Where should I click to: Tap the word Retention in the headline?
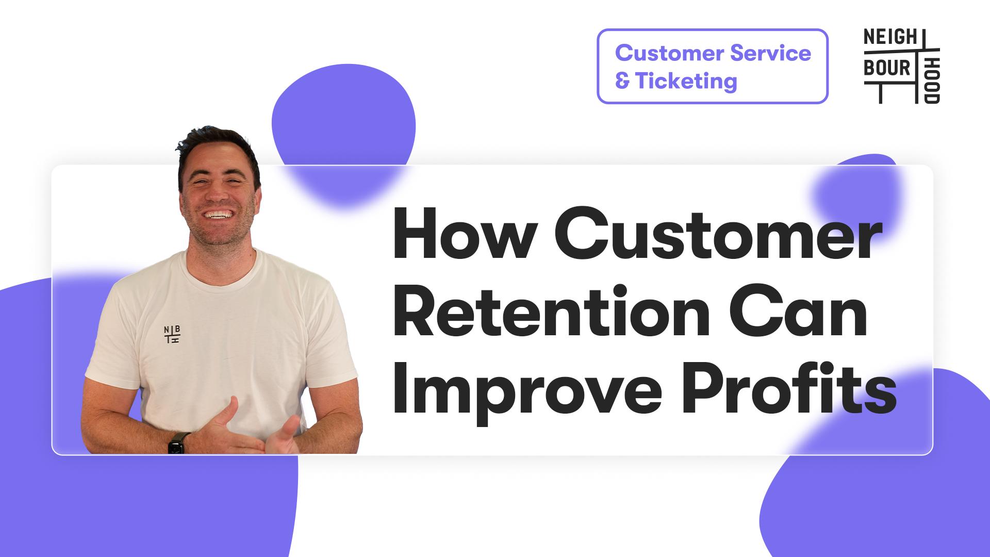point(552,312)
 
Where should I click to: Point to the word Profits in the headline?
point(789,387)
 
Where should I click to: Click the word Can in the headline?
point(798,312)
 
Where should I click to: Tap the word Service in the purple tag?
point(770,53)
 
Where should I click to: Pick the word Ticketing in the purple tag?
point(686,81)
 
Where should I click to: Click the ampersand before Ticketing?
point(622,81)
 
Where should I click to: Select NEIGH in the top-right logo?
point(890,37)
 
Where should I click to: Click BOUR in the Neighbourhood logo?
point(887,68)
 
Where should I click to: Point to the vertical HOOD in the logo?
point(932,80)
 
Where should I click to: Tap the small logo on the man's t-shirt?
point(172,334)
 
